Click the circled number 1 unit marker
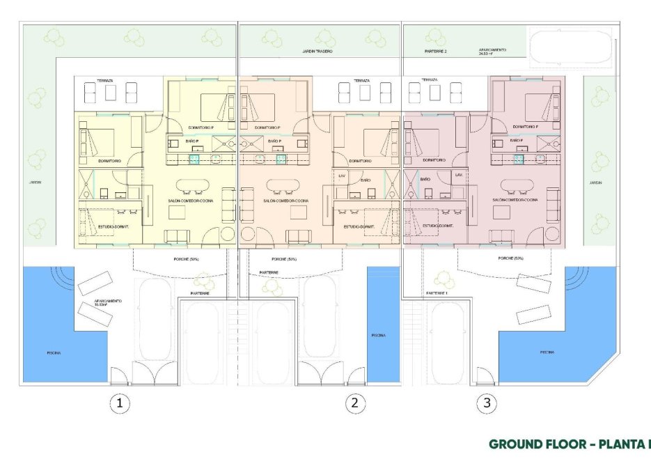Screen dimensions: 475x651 [120, 403]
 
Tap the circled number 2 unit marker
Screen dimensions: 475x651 [355, 403]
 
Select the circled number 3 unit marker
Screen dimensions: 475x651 [487, 403]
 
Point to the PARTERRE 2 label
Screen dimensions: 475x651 [436, 52]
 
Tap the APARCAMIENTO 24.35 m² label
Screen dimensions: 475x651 [492, 52]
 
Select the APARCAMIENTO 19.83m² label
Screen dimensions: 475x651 [108, 303]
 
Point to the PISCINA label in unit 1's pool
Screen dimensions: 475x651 [54, 353]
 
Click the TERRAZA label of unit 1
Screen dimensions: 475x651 [106, 80]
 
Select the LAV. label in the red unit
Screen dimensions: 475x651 [459, 174]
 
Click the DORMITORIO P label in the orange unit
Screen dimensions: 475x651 [267, 128]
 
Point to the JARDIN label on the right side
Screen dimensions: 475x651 [595, 182]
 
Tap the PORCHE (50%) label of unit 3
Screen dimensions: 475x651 [511, 258]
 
